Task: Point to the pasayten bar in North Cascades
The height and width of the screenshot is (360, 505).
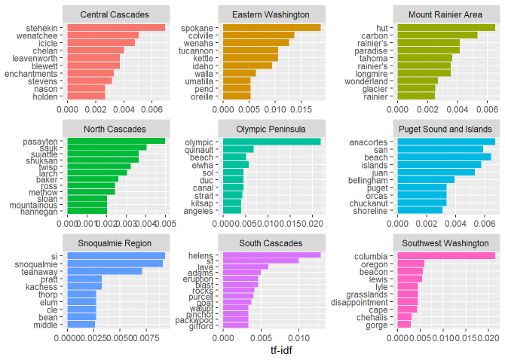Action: coord(116,140)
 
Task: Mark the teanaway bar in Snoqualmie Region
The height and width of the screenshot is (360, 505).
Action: coord(105,271)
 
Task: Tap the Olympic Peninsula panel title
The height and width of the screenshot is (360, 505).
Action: coord(273,128)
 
